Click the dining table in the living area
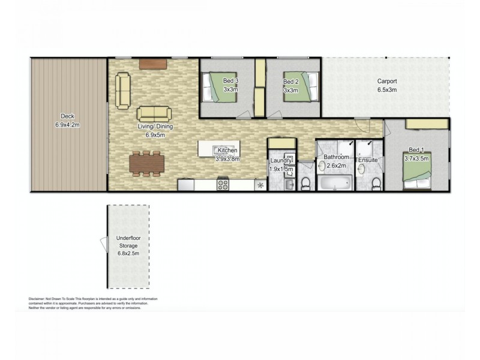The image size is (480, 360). coord(147,163)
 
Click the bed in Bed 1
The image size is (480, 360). coord(418,173)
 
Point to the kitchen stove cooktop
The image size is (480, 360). coord(223,184)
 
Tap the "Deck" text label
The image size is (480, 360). coord(67,116)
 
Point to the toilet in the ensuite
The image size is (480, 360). coord(376,182)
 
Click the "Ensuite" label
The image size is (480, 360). coord(367,160)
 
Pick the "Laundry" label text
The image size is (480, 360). coord(280,161)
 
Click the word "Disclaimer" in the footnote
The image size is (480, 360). coord(39,299)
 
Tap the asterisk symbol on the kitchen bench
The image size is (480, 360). coord(260,185)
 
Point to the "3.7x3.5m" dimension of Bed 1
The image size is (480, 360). coord(417,158)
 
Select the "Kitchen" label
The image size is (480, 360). coord(229,150)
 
